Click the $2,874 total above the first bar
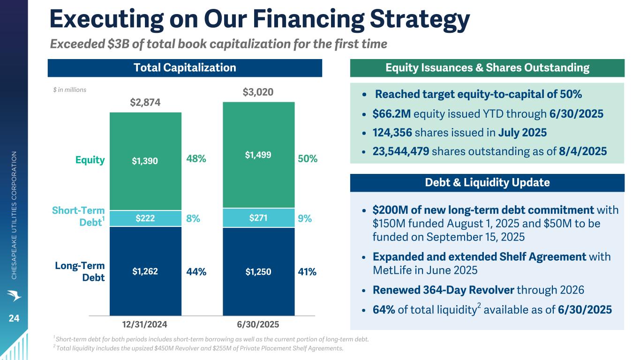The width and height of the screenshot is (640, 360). [x=145, y=102]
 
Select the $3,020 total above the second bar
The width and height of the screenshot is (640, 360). [x=258, y=92]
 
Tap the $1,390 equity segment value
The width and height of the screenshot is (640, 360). [x=145, y=161]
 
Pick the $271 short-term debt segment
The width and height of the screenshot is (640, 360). [x=258, y=218]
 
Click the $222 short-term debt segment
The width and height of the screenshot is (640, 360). [x=145, y=218]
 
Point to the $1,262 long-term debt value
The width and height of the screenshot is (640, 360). [x=145, y=271]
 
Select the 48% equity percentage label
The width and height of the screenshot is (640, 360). [x=196, y=158]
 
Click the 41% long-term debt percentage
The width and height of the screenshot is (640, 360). [x=307, y=272]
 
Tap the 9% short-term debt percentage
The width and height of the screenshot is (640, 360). [x=305, y=218]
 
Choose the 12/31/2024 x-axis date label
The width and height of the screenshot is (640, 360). [x=144, y=324]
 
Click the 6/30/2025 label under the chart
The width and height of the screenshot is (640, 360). [x=258, y=324]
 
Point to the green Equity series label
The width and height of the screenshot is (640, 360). [x=90, y=160]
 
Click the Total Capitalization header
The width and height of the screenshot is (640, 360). [x=185, y=68]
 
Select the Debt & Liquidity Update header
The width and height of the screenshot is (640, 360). [x=487, y=182]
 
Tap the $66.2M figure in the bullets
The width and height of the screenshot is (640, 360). [x=392, y=114]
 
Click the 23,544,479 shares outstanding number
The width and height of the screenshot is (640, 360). [x=401, y=151]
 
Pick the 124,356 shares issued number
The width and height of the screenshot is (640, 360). [x=392, y=133]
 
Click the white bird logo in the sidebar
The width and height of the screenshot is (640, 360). [x=14, y=295]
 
